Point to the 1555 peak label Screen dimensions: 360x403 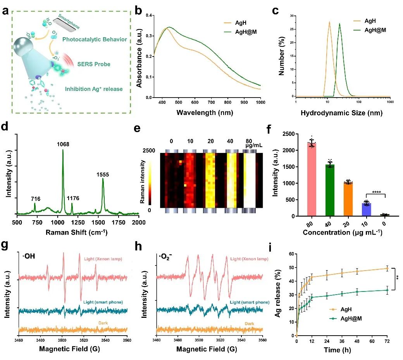click(103, 175)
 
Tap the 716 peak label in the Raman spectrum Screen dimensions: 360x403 click(35, 199)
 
